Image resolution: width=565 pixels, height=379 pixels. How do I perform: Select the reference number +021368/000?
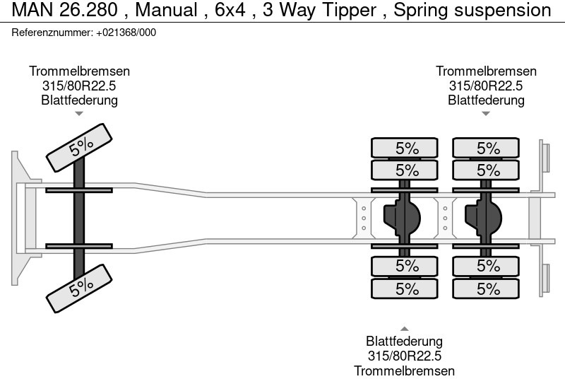pyautogui.click(x=126, y=33)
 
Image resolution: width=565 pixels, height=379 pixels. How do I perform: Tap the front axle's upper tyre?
pyautogui.click(x=79, y=148)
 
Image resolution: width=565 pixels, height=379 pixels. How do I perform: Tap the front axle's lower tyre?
pyautogui.click(x=79, y=288)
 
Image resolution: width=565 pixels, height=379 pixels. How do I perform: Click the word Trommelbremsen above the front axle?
pyautogui.click(x=79, y=71)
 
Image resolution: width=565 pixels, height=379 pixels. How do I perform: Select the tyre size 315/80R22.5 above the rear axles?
pyautogui.click(x=486, y=86)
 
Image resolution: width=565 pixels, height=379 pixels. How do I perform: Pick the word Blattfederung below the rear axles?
pyautogui.click(x=404, y=341)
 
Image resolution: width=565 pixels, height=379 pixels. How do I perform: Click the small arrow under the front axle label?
pyautogui.click(x=79, y=114)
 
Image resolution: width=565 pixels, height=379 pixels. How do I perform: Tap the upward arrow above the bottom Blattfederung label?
pyautogui.click(x=404, y=329)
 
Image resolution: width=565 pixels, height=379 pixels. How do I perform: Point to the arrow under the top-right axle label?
pyautogui.click(x=486, y=114)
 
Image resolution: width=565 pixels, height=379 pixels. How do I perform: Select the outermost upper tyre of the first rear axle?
pyautogui.click(x=404, y=148)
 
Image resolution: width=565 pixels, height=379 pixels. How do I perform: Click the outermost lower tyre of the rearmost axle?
pyautogui.click(x=486, y=288)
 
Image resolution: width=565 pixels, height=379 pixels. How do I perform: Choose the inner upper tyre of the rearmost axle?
pyautogui.click(x=486, y=170)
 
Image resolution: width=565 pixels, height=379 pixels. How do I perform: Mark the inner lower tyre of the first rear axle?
pyautogui.click(x=404, y=266)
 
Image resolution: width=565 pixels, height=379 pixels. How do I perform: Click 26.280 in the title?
pyautogui.click(x=89, y=10)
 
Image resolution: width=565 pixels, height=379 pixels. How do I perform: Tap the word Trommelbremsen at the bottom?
pyautogui.click(x=404, y=371)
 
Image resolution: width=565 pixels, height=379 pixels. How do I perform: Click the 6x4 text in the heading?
pyautogui.click(x=230, y=10)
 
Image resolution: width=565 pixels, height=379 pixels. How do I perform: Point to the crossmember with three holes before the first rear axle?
pyautogui.click(x=364, y=218)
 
